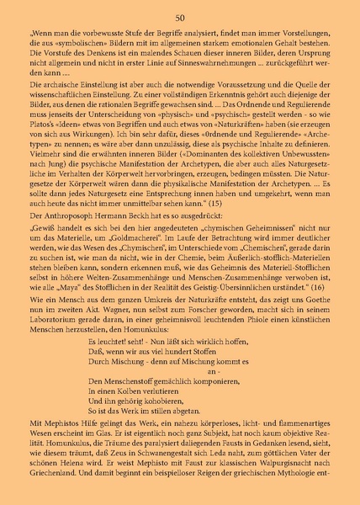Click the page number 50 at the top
pyautogui.click(x=180, y=18)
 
